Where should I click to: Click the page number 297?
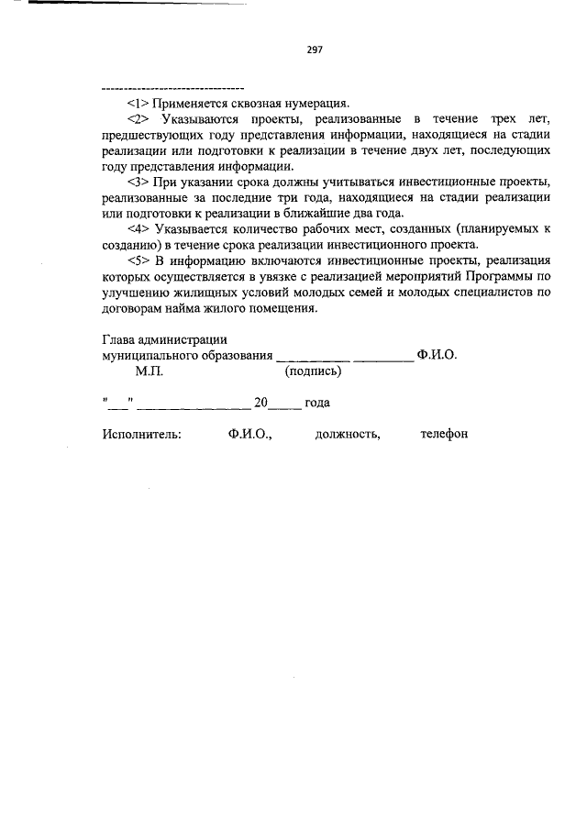315,50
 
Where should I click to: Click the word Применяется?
188,103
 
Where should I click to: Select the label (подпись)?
313,372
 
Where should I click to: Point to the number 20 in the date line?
260,403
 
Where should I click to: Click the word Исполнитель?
142,434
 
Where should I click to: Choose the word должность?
347,434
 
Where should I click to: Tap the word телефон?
444,434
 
